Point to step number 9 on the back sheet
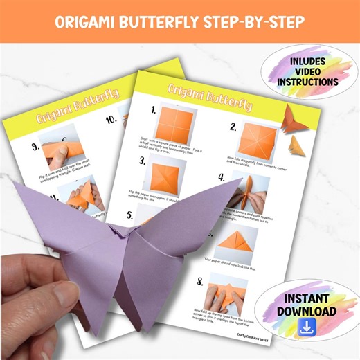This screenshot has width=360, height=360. coord(35,147)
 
